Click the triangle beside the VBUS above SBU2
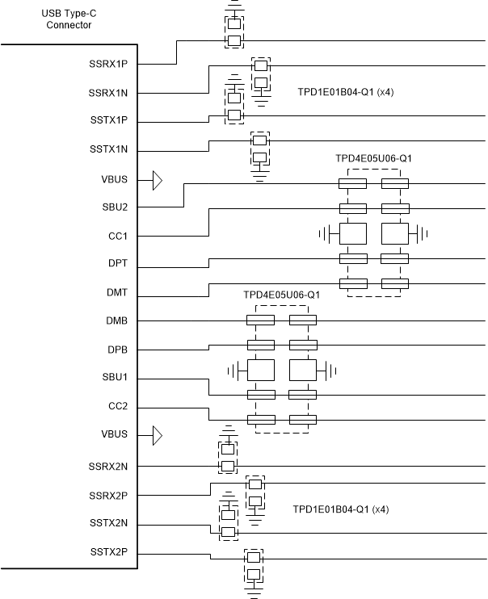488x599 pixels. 158,179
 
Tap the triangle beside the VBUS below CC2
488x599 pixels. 158,436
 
